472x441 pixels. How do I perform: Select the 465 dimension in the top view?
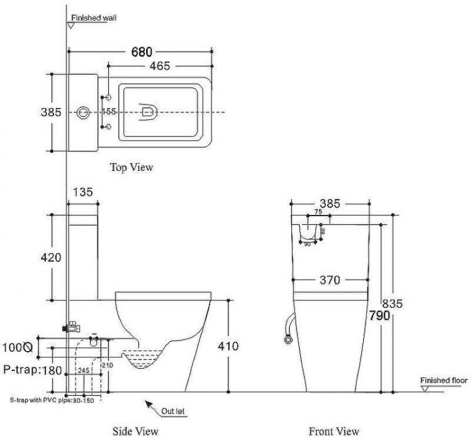[x=159, y=66]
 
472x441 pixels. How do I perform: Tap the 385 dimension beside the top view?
[x=50, y=112]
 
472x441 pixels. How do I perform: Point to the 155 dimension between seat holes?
[x=110, y=112]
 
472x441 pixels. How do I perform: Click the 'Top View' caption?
[x=132, y=167]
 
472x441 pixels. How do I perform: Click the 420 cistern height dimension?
[x=50, y=257]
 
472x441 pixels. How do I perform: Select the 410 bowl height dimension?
[x=242, y=346]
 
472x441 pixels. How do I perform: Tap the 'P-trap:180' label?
[x=32, y=370]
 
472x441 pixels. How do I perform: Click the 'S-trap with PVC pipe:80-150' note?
[x=52, y=400]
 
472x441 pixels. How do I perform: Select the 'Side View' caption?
[x=135, y=432]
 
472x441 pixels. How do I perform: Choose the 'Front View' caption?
[x=334, y=432]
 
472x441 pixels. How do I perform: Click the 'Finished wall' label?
[x=94, y=19]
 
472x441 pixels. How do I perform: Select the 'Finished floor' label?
[x=444, y=381]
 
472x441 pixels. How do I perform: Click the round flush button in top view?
[x=82, y=112]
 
